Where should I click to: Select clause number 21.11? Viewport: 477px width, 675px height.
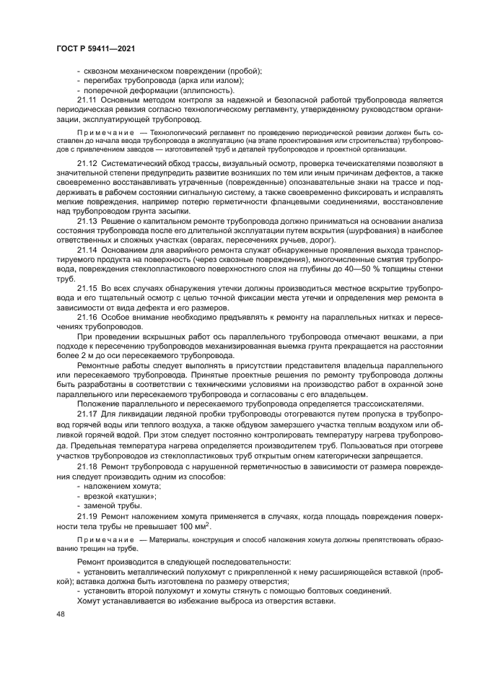pos(87,99)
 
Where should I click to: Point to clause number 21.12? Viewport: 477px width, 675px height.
pos(87,165)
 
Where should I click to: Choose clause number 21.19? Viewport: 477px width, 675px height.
pos(87,518)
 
